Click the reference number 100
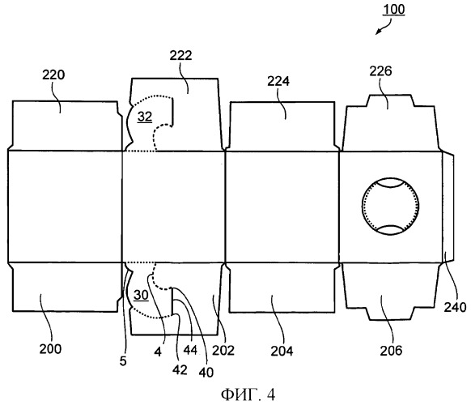coord(394,10)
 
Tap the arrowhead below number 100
coord(379,32)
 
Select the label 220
coord(53,75)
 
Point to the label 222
coord(180,56)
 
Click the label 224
coord(278,81)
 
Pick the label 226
coord(380,71)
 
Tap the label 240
coord(455,307)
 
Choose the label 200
coord(50,349)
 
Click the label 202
coord(223,350)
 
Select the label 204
coord(282,351)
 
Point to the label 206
coord(391,351)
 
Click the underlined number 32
coord(145,117)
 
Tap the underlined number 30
coord(141,295)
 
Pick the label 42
coord(180,370)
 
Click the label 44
coord(190,350)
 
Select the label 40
coord(206,373)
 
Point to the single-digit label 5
coord(123,360)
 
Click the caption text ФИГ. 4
coord(248,394)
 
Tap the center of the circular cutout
coord(390,207)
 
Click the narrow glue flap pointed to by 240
coord(448,207)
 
